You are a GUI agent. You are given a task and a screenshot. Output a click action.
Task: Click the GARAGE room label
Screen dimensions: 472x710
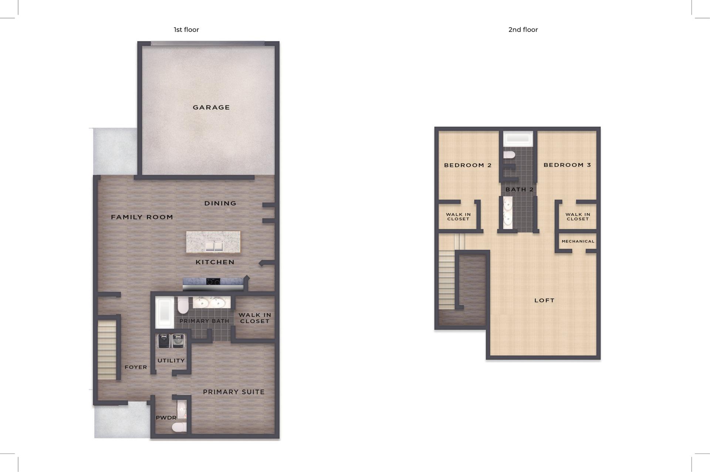tap(211, 108)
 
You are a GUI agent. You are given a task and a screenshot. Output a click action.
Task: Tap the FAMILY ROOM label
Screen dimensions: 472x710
tap(142, 217)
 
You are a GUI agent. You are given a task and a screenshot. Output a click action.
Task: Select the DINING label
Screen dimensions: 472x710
tap(220, 203)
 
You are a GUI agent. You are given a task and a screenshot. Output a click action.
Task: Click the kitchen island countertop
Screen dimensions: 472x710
tap(213, 242)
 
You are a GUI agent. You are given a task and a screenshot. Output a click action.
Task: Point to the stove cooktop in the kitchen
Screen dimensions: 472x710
tap(213, 282)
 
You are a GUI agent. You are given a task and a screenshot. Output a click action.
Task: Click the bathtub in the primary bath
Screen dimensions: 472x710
tap(164, 312)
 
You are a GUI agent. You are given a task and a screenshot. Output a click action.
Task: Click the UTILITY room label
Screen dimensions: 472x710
tap(171, 360)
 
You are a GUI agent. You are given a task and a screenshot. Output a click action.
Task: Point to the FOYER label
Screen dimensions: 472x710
tap(136, 367)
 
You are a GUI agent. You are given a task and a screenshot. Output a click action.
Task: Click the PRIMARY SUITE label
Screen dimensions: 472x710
tap(234, 392)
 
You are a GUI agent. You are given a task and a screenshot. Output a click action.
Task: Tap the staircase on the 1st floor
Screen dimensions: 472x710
tap(107, 350)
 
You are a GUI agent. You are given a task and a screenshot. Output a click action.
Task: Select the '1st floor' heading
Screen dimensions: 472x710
tap(186, 30)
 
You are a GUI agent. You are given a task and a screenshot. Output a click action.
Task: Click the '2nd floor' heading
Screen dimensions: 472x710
tap(523, 30)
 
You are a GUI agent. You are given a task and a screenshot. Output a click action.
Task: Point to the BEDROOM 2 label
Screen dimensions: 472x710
tap(468, 165)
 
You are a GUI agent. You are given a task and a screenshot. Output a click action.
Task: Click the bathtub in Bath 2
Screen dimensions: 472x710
tap(518, 139)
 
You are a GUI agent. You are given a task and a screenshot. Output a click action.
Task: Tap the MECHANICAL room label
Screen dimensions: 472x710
tap(578, 241)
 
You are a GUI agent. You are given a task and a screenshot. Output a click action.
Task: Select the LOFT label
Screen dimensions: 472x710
tap(544, 300)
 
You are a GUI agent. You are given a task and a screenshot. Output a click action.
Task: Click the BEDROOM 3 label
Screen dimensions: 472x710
tap(567, 165)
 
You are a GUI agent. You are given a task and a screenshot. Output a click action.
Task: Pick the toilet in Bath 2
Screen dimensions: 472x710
tap(509, 154)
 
